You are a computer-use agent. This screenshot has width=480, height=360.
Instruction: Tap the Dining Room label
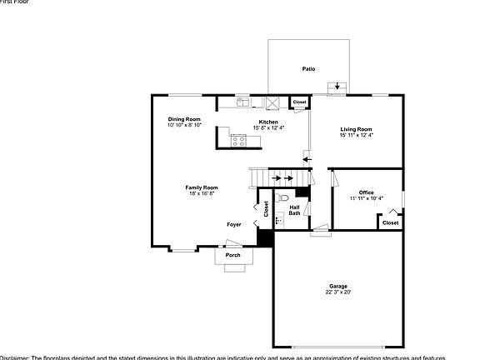tap(184, 119)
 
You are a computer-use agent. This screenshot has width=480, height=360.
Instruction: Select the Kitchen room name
tap(267, 122)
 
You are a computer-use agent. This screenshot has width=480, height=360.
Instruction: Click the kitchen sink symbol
tap(242, 102)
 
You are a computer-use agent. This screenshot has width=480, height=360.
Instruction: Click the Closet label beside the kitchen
tap(299, 102)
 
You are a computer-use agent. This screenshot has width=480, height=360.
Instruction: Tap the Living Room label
tap(356, 129)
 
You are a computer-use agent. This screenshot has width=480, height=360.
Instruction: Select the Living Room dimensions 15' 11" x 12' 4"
tap(356, 135)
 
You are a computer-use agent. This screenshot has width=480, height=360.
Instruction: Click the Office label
tap(366, 192)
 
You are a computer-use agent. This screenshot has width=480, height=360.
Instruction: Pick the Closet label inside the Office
tap(390, 222)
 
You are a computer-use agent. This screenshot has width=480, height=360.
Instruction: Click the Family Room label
tap(202, 187)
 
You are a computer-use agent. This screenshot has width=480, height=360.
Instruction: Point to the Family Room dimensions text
tap(202, 193)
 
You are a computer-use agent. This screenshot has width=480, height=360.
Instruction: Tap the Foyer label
tap(234, 224)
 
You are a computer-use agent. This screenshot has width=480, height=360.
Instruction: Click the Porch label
tap(233, 255)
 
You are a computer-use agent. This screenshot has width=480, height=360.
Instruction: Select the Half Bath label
tap(294, 210)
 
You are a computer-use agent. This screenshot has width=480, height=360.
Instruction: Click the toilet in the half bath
tap(282, 198)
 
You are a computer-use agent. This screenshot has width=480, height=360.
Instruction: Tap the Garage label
tap(338, 286)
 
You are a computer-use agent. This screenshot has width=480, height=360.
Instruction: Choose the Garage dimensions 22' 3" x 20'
tap(338, 292)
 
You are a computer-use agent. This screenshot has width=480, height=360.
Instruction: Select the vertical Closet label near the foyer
tap(267, 209)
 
